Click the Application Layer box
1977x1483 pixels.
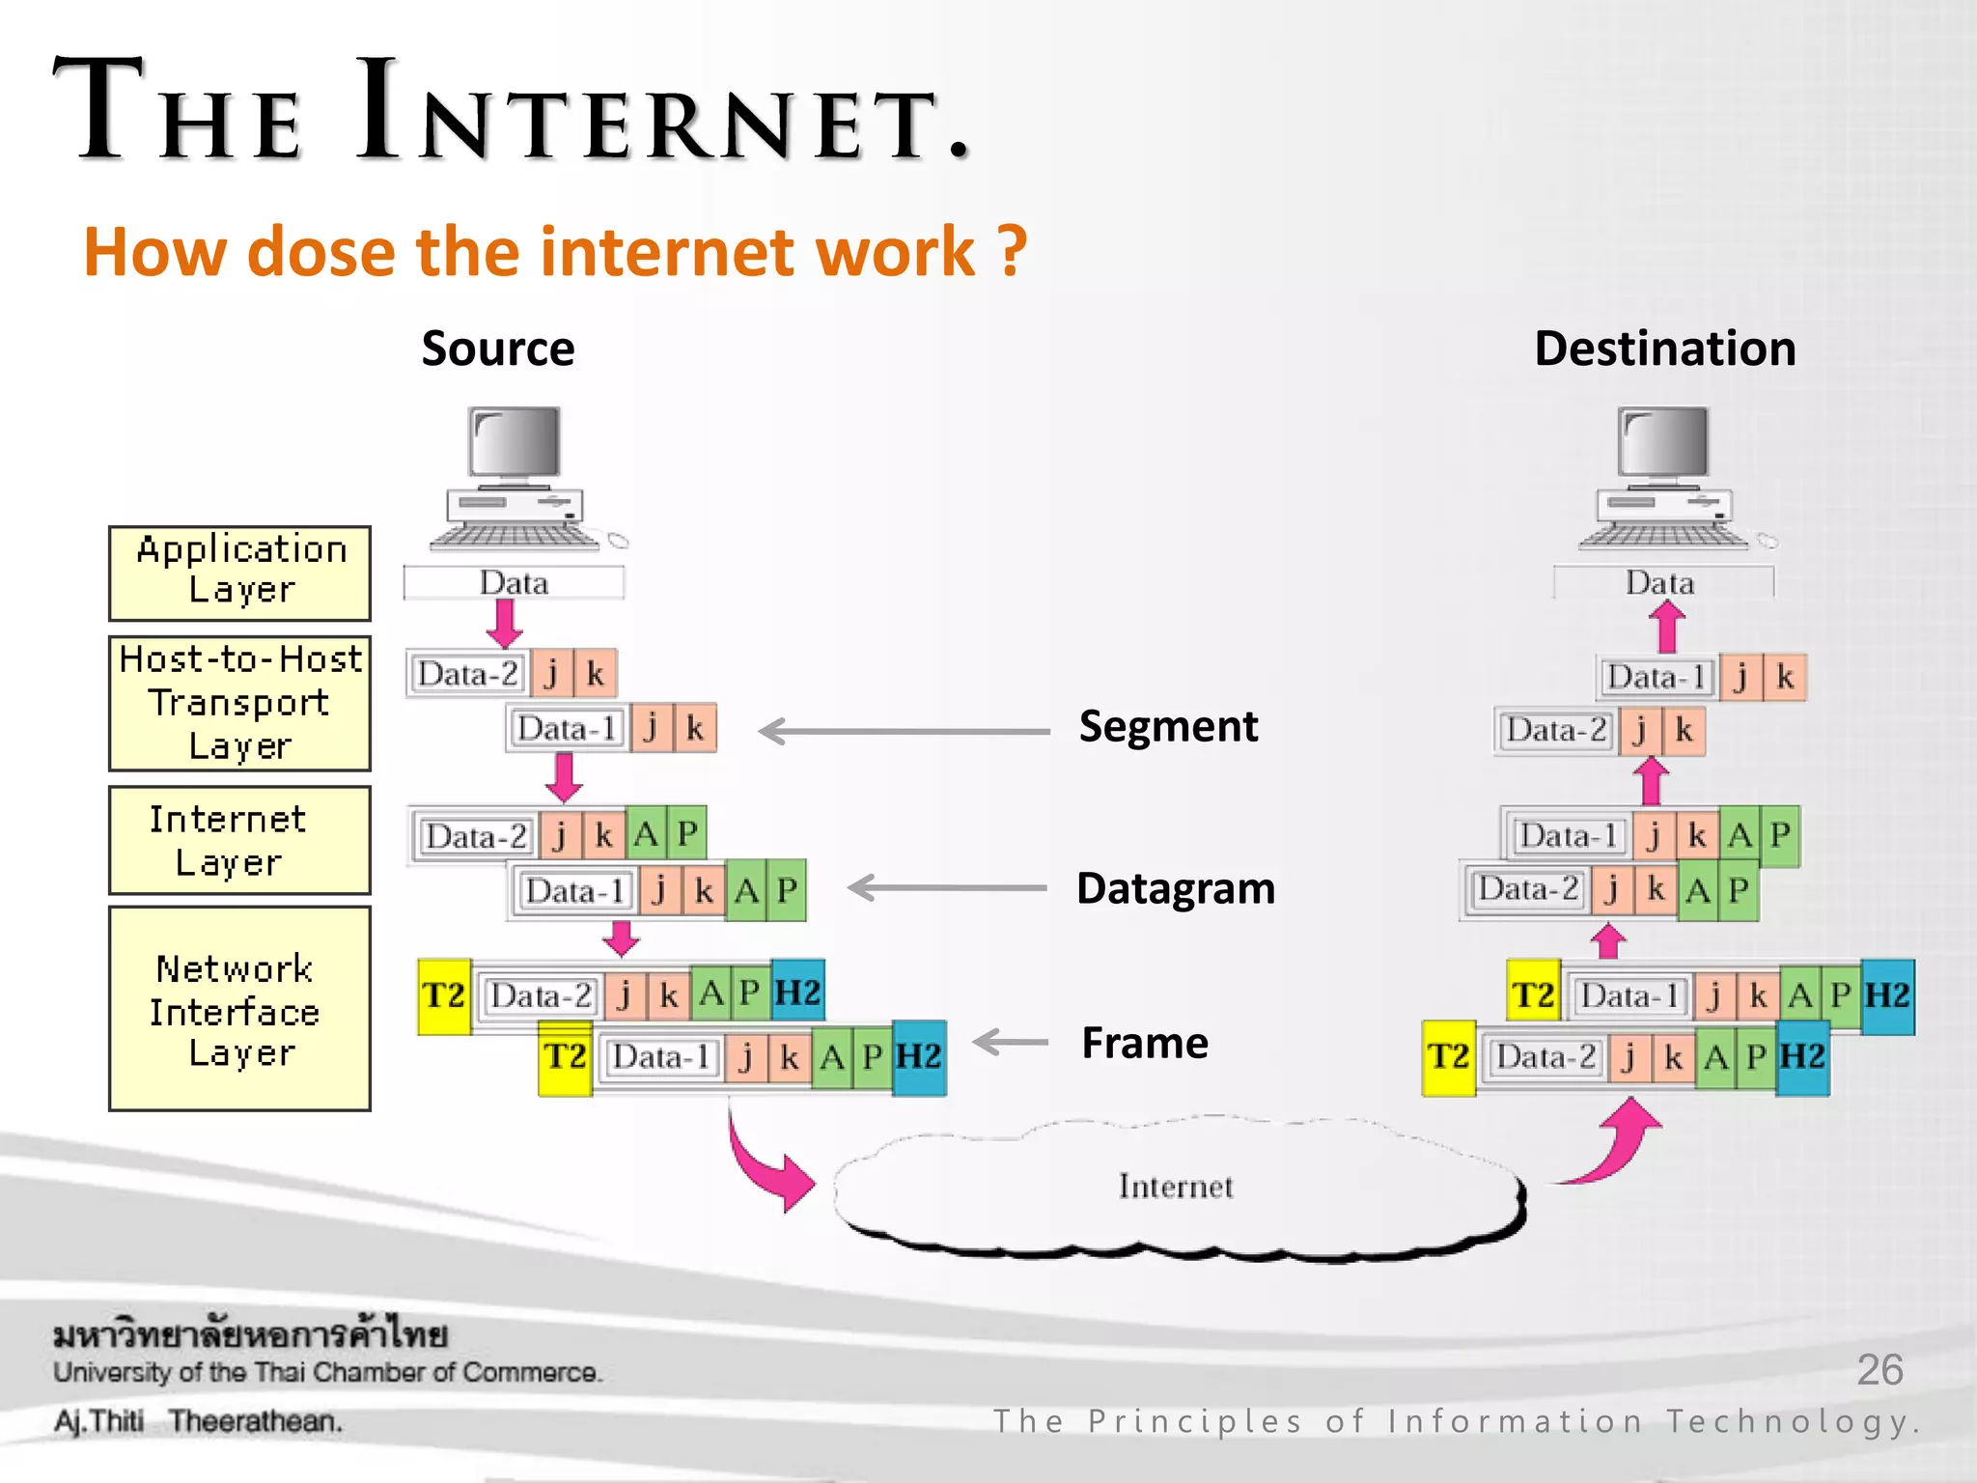[239, 573]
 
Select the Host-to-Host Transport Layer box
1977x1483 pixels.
[239, 702]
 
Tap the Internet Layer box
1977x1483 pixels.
[239, 840]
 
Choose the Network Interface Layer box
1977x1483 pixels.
[239, 1008]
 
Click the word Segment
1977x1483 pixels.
[1168, 726]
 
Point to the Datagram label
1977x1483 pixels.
[1176, 888]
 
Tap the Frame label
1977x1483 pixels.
[1145, 1043]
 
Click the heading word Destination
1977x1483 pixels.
[1664, 349]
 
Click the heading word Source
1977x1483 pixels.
[497, 349]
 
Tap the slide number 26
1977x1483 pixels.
[1879, 1370]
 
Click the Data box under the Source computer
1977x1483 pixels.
[514, 583]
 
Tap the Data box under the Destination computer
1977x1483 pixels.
[1662, 583]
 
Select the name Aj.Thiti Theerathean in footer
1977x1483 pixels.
[198, 1421]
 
